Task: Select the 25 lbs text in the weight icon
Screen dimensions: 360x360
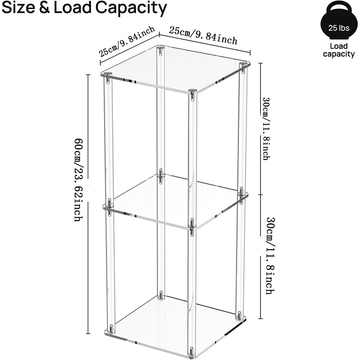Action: pyautogui.click(x=339, y=28)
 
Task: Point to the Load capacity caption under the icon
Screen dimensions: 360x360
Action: pyautogui.click(x=339, y=50)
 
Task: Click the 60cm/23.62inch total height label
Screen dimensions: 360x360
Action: pyautogui.click(x=78, y=180)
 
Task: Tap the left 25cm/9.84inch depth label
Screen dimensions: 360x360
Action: pyautogui.click(x=127, y=41)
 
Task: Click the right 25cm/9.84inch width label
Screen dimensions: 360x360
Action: pyautogui.click(x=203, y=36)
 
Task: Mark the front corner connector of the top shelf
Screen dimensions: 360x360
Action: pyautogui.click(x=192, y=94)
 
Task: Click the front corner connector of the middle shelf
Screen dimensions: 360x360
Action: pyautogui.click(x=192, y=226)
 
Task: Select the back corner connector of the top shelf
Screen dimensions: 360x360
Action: pyautogui.click(x=161, y=50)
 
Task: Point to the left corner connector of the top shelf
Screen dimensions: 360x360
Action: pyautogui.click(x=108, y=77)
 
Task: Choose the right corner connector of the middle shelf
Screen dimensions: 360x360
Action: pyautogui.click(x=241, y=195)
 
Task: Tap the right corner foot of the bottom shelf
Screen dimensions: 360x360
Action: pyautogui.click(x=239, y=315)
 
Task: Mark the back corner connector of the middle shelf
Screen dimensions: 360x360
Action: pyautogui.click(x=161, y=176)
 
